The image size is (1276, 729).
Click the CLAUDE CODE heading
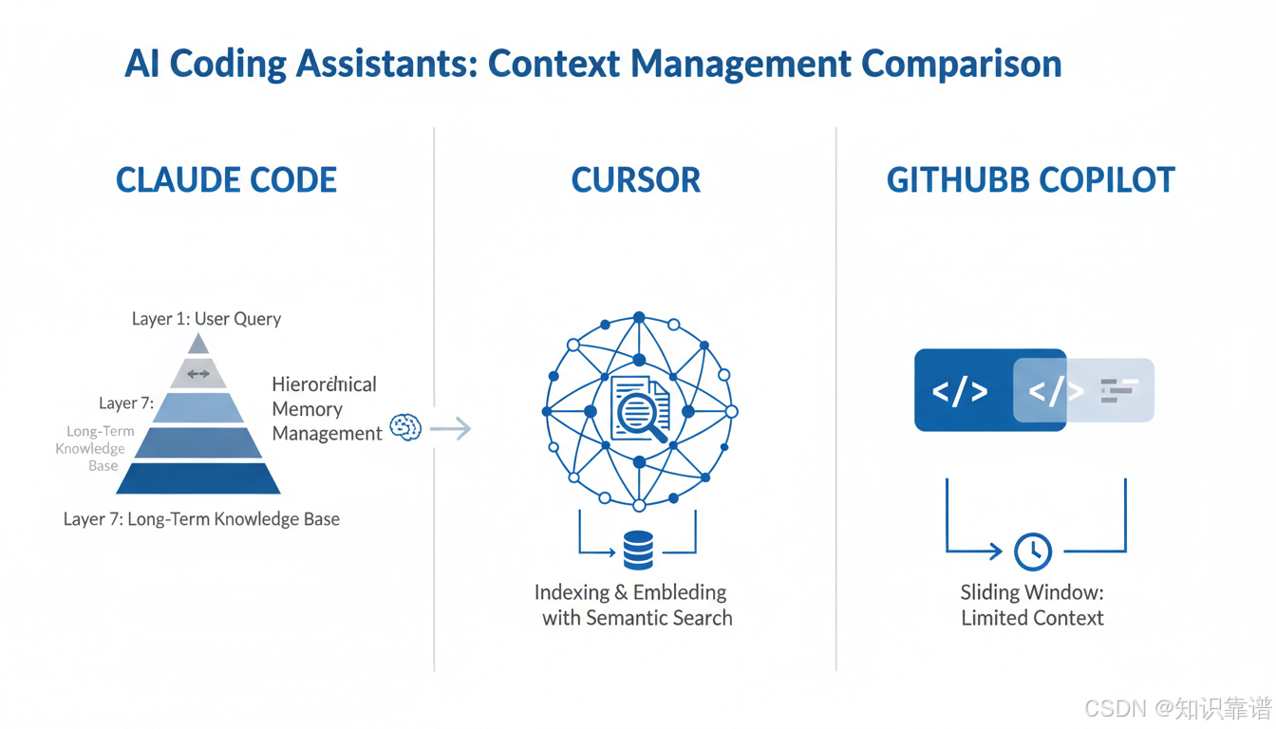(226, 180)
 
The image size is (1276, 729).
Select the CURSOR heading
(635, 180)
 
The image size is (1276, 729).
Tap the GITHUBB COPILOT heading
(1030, 180)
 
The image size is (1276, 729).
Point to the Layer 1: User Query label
(206, 319)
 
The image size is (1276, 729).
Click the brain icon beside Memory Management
(406, 427)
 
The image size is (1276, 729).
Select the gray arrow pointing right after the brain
(451, 429)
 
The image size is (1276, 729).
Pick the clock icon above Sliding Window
(1033, 551)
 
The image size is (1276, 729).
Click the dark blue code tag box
(961, 390)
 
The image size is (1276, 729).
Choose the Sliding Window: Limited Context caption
(1032, 606)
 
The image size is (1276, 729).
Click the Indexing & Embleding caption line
(629, 592)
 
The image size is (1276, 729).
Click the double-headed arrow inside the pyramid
(198, 374)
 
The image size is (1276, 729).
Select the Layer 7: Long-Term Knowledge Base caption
(201, 519)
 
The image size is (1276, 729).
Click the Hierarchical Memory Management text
(326, 409)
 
